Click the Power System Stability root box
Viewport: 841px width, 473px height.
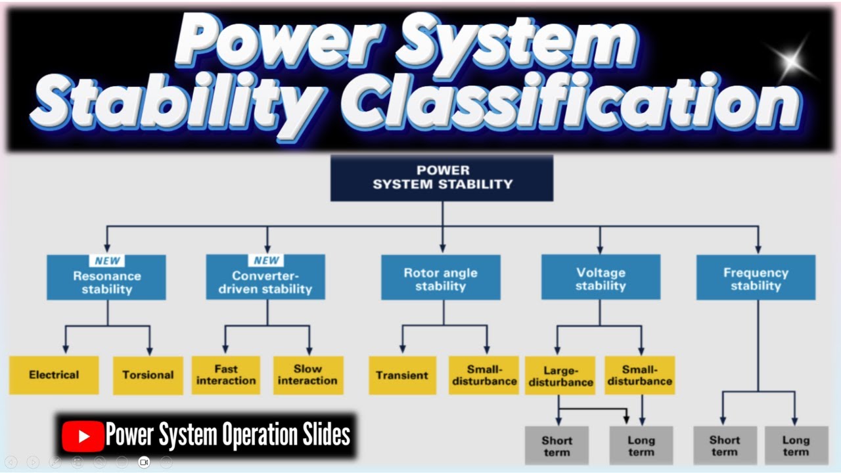[x=442, y=178]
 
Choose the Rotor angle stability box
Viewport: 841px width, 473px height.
[x=440, y=279]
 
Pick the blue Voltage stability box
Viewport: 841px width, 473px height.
[x=601, y=279]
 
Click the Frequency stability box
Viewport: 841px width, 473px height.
[x=756, y=279]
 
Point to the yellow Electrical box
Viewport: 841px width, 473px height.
[x=54, y=375]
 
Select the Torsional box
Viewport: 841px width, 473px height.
[x=148, y=375]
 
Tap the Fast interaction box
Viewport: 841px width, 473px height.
[x=226, y=375]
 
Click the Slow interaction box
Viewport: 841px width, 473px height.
[x=307, y=375]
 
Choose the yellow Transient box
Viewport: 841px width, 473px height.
[x=402, y=375]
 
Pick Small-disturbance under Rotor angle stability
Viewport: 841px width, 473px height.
[x=484, y=375]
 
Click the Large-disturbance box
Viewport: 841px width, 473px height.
[x=560, y=375]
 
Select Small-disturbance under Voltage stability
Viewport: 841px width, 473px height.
[x=639, y=375]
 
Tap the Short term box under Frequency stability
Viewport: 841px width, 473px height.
[x=725, y=445]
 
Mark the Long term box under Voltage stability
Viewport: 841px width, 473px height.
[x=641, y=445]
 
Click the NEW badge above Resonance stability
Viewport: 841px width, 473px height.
[x=107, y=261]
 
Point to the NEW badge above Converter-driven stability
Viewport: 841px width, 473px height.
[x=266, y=261]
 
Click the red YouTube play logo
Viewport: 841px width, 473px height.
[x=83, y=436]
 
